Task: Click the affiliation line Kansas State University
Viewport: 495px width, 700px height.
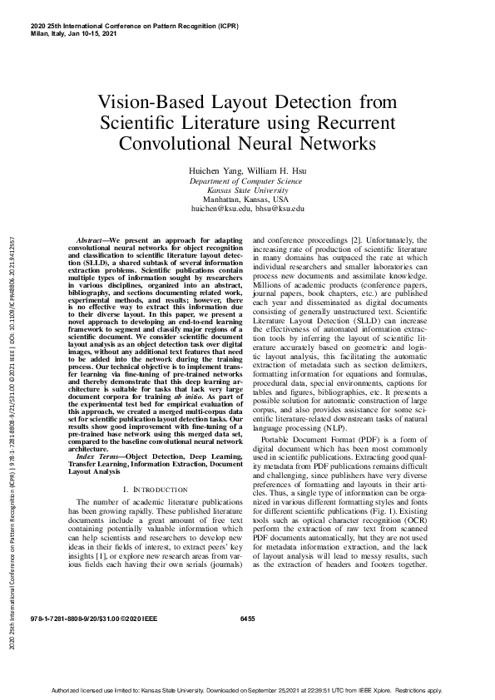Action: coord(247,190)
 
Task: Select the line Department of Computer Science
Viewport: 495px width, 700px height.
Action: coord(247,180)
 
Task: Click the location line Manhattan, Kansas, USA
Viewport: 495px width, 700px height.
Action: coord(247,200)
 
